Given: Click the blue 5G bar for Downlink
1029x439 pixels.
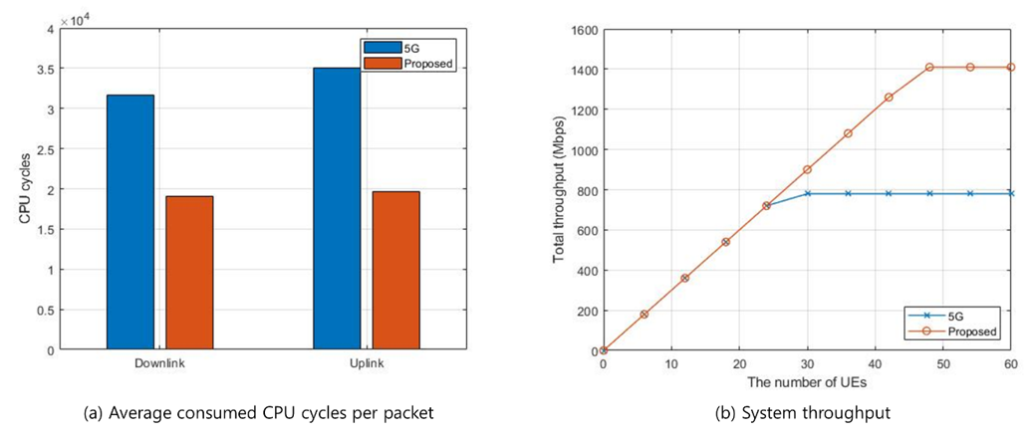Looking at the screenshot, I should pos(129,222).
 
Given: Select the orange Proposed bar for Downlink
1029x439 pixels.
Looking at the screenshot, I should pos(189,273).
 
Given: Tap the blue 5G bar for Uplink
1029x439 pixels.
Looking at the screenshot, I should pos(337,208).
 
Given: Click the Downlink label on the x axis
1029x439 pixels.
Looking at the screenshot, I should pos(159,363).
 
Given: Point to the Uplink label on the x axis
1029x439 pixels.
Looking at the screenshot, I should pos(367,363).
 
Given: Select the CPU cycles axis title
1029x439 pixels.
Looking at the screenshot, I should pos(24,190).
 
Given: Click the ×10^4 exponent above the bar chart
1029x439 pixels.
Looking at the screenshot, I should pos(76,20).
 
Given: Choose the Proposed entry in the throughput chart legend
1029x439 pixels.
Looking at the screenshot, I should pos(969,330).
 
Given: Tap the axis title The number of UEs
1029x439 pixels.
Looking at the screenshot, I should pos(807,382).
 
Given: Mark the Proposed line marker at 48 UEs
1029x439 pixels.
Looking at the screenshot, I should pos(929,67).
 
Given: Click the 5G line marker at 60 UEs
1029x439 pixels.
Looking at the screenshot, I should pos(1010,193).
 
